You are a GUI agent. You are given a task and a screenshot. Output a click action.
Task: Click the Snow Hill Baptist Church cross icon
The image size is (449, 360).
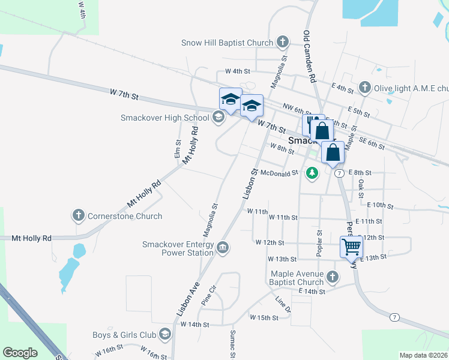click(283, 43)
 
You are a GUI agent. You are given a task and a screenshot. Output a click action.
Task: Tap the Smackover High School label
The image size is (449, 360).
click(164, 118)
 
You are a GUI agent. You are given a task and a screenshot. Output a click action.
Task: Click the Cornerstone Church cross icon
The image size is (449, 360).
click(78, 216)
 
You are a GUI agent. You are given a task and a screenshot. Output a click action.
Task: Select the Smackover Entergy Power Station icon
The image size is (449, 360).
click(223, 247)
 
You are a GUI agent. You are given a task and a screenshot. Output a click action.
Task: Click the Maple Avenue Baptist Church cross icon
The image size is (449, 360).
click(333, 277)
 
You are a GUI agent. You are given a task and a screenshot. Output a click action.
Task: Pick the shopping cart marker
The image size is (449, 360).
click(351, 245)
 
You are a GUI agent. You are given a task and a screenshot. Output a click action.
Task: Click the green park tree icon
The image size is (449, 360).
click(312, 173)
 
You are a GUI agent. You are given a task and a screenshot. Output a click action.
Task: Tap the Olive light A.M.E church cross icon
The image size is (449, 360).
click(364, 88)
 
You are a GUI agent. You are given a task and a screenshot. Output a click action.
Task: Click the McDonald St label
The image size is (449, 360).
click(279, 173)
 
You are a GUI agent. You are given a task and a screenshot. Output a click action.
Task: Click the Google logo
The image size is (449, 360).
click(20, 353)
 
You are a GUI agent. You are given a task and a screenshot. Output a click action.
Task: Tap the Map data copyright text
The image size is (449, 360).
click(424, 355)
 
